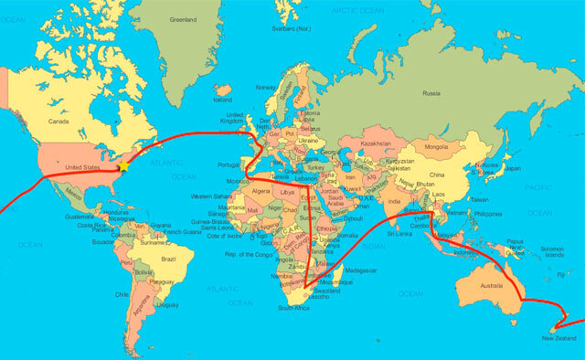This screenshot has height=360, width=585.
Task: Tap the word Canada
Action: tap(58, 121)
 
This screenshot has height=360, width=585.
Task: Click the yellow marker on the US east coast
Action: tap(119, 168)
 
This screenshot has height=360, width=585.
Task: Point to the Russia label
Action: tap(431, 92)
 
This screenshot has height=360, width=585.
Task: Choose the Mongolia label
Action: tap(437, 146)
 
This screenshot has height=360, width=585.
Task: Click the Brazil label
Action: tap(166, 259)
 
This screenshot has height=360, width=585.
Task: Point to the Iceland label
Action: tap(222, 99)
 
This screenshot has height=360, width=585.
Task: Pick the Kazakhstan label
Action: tap(377, 143)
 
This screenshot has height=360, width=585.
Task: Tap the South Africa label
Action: tap(294, 308)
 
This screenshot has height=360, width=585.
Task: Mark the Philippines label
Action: tap(489, 214)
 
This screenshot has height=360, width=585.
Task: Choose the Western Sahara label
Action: tap(209, 196)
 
